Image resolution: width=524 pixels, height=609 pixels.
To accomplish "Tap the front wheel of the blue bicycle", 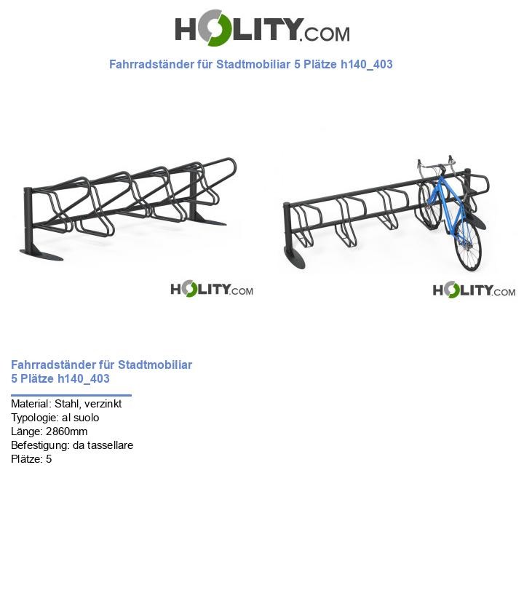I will point(468,247).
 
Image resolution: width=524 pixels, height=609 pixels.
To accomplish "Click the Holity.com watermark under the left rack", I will point(212,290).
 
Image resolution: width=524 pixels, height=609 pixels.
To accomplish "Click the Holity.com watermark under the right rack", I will point(474,290).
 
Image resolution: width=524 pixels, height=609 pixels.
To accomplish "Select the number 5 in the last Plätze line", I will point(49,459).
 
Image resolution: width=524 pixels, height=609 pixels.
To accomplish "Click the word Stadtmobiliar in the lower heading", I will point(155,365).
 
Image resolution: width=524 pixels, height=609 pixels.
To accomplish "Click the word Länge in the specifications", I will point(25,431).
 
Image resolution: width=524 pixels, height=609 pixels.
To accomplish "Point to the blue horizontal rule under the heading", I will point(71,395).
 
